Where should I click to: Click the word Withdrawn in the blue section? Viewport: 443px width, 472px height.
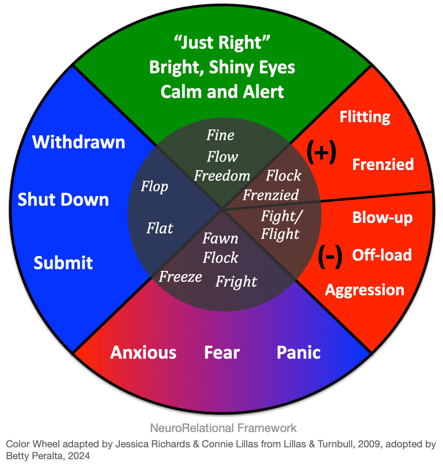point(78,142)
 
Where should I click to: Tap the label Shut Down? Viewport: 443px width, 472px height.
point(63,200)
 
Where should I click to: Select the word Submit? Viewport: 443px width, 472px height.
point(63,263)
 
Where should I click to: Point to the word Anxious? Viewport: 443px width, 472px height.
point(143,353)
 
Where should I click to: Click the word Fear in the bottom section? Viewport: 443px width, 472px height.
point(222,353)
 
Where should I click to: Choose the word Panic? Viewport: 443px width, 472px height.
point(298,353)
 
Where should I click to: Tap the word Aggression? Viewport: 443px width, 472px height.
point(365,290)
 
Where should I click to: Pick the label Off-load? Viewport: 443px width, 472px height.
point(382,255)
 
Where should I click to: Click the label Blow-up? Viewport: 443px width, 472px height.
point(382,218)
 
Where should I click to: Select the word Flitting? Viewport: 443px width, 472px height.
point(365,117)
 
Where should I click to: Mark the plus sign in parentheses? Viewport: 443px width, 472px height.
point(321,153)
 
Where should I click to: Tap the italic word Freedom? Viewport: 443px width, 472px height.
point(222,176)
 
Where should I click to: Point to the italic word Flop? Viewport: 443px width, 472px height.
point(154,186)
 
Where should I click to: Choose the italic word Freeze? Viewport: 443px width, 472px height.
point(180,277)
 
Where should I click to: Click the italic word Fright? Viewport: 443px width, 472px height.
point(236,282)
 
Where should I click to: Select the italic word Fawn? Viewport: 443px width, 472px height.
point(221,239)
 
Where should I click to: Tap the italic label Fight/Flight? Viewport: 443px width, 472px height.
point(281,224)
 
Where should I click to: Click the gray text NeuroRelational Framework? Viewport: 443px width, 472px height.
point(223,428)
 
